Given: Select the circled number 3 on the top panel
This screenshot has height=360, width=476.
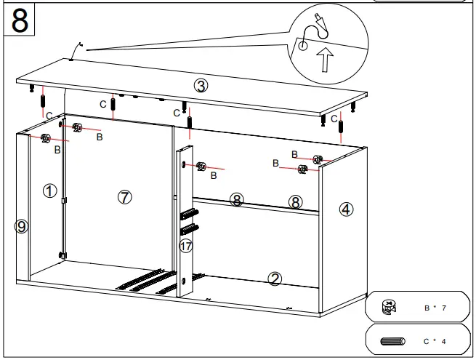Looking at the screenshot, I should [x=201, y=85].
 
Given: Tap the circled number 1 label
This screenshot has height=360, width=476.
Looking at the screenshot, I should [x=49, y=191].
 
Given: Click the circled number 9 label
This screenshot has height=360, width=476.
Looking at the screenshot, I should [x=21, y=227].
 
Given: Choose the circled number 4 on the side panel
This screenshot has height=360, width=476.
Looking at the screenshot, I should [x=346, y=209].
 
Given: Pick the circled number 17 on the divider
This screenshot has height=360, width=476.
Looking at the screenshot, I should [x=186, y=246].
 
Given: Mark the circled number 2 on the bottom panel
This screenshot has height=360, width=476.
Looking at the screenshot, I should [x=275, y=278].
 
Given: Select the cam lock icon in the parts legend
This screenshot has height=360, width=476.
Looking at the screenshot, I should [x=390, y=308].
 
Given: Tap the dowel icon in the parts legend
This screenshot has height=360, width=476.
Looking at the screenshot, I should [x=392, y=340].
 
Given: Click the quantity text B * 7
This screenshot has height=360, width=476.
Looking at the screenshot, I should [x=435, y=308].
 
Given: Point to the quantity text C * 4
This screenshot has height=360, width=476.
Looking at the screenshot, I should [x=435, y=340].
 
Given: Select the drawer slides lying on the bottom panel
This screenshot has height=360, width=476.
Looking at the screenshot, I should [x=149, y=280].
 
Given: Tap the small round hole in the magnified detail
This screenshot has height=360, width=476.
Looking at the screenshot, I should [x=302, y=46].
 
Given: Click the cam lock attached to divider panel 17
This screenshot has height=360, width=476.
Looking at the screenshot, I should [x=201, y=167].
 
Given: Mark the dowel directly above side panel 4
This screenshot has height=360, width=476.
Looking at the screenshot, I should [x=340, y=133].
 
